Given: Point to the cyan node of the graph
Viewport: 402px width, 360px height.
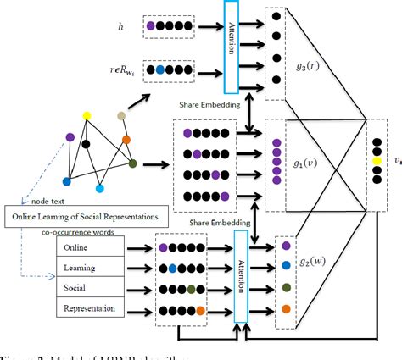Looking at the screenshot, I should point(101,186).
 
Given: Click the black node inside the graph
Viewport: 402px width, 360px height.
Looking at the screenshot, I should point(87,145).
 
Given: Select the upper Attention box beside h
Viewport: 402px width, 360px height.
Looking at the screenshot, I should point(232,42).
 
